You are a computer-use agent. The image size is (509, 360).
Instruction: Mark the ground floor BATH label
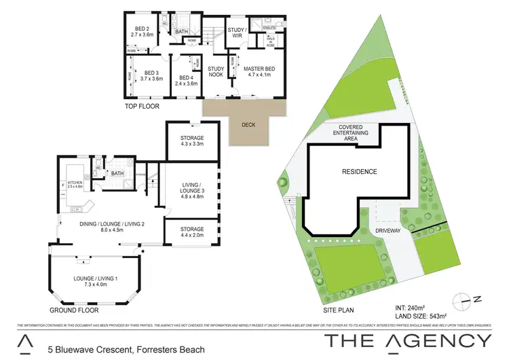point(117,173)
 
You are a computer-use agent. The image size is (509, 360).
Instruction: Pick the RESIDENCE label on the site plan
point(359,172)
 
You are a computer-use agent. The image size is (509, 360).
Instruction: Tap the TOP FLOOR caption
point(142,107)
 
